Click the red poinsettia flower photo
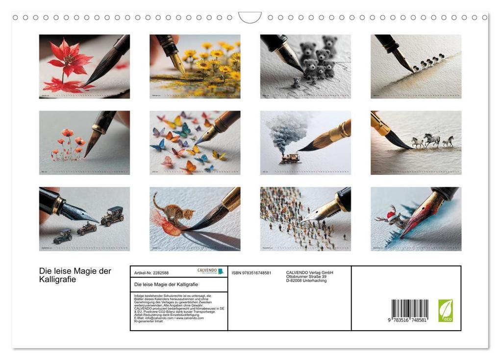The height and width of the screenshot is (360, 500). tap(84, 67)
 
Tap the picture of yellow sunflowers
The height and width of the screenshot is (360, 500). tap(195, 67)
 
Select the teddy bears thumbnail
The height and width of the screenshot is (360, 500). tap(305, 67)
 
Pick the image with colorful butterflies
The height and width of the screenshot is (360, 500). tap(195, 143)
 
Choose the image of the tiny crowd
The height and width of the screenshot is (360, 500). tap(305, 219)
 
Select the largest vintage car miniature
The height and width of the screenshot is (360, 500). tap(112, 216)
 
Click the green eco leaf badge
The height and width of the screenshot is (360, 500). tap(445, 311)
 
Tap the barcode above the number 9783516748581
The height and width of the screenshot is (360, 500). tap(410, 309)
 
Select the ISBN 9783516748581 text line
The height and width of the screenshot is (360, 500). tap(251, 273)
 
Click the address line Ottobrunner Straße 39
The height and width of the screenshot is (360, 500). tap(306, 277)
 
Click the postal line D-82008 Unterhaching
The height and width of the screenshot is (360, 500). tap(306, 281)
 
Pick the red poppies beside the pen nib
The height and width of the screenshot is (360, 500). tap(69, 142)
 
